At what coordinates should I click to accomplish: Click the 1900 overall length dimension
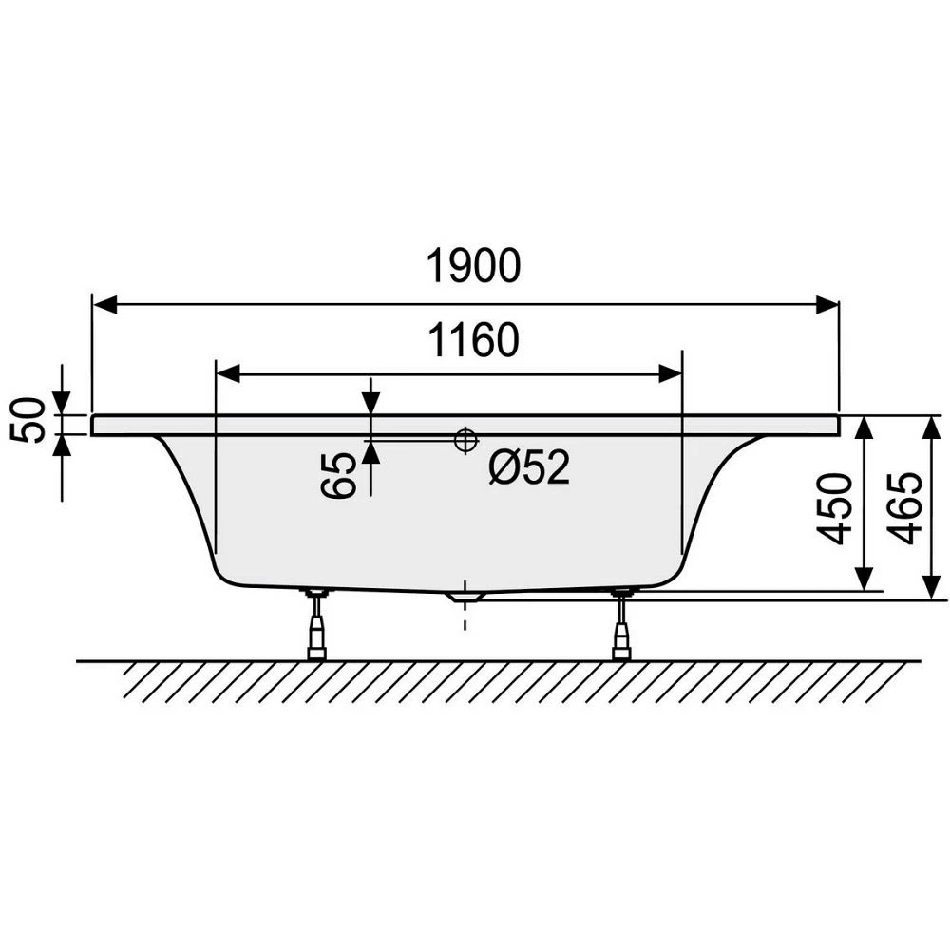(473, 265)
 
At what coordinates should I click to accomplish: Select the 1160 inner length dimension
(473, 339)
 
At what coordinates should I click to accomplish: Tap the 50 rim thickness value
(28, 420)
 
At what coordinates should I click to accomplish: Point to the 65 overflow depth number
(337, 476)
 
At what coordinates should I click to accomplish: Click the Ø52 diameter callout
(529, 467)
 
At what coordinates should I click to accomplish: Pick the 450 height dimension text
(834, 509)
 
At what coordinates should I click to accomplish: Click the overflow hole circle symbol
(465, 440)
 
